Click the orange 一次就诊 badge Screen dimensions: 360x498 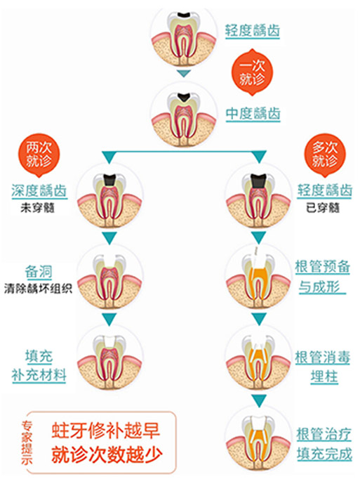[252, 72]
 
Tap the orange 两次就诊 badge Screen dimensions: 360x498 [39, 155]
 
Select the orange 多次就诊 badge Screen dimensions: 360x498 [324, 155]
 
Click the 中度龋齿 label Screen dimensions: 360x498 [253, 114]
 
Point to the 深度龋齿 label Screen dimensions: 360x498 [39, 191]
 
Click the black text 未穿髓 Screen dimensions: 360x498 [38, 208]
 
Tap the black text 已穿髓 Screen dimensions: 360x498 [323, 208]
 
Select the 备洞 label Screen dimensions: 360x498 [39, 272]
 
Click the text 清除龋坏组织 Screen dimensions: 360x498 [38, 289]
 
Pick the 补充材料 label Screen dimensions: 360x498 [39, 375]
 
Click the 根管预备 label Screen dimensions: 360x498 [323, 267]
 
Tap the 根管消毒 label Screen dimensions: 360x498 [323, 358]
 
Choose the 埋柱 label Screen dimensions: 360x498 [324, 376]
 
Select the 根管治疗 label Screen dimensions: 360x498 [324, 434]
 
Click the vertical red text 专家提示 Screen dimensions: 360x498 [27, 443]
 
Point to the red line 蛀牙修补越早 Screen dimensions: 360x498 [106, 431]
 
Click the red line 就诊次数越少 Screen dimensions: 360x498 [107, 454]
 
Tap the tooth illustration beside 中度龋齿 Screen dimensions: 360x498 [184, 115]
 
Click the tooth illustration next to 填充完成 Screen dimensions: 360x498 [258, 438]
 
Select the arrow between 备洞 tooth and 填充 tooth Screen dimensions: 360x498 [109, 319]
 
